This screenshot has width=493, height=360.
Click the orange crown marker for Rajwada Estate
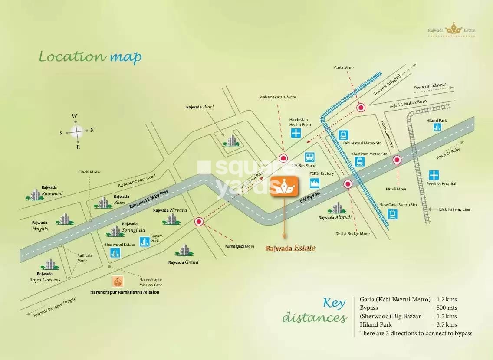(x=284, y=187)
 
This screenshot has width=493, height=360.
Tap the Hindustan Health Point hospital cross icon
(x=296, y=133)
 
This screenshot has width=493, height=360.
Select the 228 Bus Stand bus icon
(x=309, y=157)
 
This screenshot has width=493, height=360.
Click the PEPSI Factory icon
(x=315, y=183)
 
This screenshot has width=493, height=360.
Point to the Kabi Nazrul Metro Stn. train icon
(x=344, y=135)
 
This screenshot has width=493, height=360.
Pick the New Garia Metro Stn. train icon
(x=392, y=213)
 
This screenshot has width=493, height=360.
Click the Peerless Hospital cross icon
(x=434, y=175)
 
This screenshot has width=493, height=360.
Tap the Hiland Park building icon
(x=437, y=127)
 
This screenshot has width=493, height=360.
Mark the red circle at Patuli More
(x=397, y=160)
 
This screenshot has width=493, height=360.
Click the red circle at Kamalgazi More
(x=199, y=222)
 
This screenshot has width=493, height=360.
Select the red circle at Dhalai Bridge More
(x=347, y=184)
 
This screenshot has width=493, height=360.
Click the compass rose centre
(x=78, y=131)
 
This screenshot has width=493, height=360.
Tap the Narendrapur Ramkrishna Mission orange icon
(x=117, y=281)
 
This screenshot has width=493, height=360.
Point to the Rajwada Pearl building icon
(x=232, y=140)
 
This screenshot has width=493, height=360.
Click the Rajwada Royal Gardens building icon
(x=49, y=264)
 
